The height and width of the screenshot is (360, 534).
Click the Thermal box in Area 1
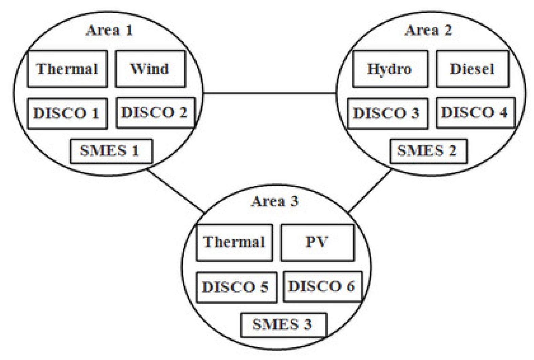click(67, 69)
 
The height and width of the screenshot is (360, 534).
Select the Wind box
click(150, 69)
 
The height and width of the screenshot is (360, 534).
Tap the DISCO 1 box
click(67, 113)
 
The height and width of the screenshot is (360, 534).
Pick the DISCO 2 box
click(155, 113)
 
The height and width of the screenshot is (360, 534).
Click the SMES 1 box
click(111, 151)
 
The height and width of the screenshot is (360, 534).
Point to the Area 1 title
click(109, 30)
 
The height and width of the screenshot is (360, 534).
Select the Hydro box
click(390, 69)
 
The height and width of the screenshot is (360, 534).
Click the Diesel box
click(472, 69)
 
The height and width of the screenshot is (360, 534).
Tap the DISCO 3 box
click(387, 113)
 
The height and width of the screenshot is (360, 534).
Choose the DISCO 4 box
click(475, 113)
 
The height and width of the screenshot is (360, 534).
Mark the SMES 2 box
click(428, 151)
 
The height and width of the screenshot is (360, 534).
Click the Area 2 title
click(428, 30)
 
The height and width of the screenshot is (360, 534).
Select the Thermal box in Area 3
click(234, 242)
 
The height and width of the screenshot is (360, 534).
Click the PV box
click(317, 242)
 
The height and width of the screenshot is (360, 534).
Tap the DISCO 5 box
click(236, 287)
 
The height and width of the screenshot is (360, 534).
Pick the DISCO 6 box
click(322, 286)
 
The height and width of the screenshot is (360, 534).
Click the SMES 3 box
click(283, 324)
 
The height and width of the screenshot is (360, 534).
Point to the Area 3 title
click(275, 202)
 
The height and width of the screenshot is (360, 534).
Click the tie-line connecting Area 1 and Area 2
click(269, 93)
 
